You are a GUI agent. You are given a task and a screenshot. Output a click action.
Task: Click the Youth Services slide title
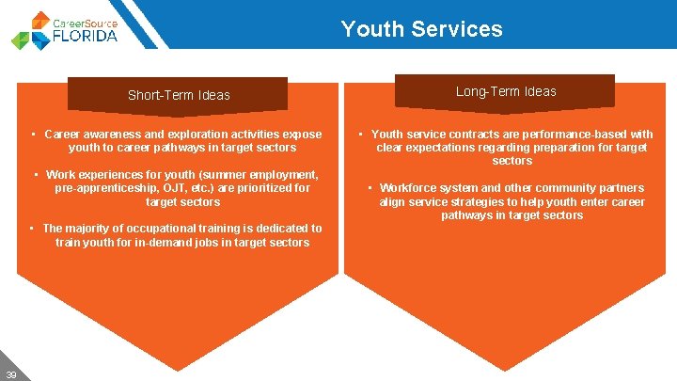[x=421, y=29]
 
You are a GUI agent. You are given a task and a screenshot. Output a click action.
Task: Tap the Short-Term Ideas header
[x=179, y=95]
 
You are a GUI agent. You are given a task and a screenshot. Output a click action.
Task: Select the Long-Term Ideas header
[x=506, y=91]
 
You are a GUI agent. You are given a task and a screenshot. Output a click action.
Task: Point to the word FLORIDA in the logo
[x=86, y=36]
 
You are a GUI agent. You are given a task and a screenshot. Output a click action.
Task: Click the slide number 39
[x=10, y=373]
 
